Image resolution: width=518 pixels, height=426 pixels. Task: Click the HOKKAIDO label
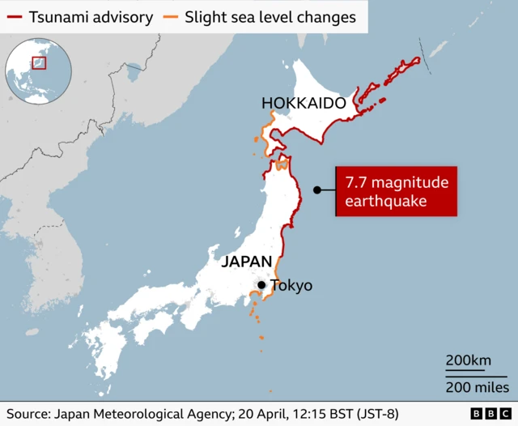click(x=304, y=104)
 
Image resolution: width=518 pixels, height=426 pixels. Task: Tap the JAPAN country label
click(x=246, y=262)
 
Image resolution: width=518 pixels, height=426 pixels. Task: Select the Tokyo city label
click(x=291, y=285)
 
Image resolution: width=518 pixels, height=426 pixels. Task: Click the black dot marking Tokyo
click(x=261, y=284)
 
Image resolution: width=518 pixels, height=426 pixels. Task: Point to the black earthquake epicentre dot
click(x=317, y=190)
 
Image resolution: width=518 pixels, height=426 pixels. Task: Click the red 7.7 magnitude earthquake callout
click(x=397, y=191)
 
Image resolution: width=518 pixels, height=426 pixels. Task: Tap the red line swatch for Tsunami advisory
click(x=14, y=16)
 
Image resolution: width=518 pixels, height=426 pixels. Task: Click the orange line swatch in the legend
click(x=170, y=16)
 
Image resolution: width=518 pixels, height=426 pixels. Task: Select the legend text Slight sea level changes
click(x=270, y=16)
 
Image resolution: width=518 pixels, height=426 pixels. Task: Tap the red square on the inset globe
click(x=39, y=62)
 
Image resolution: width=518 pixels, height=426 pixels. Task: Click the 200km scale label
click(x=469, y=360)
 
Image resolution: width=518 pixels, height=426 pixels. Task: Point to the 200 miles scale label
click(x=477, y=387)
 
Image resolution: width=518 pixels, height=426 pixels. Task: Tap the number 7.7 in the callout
click(x=357, y=182)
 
